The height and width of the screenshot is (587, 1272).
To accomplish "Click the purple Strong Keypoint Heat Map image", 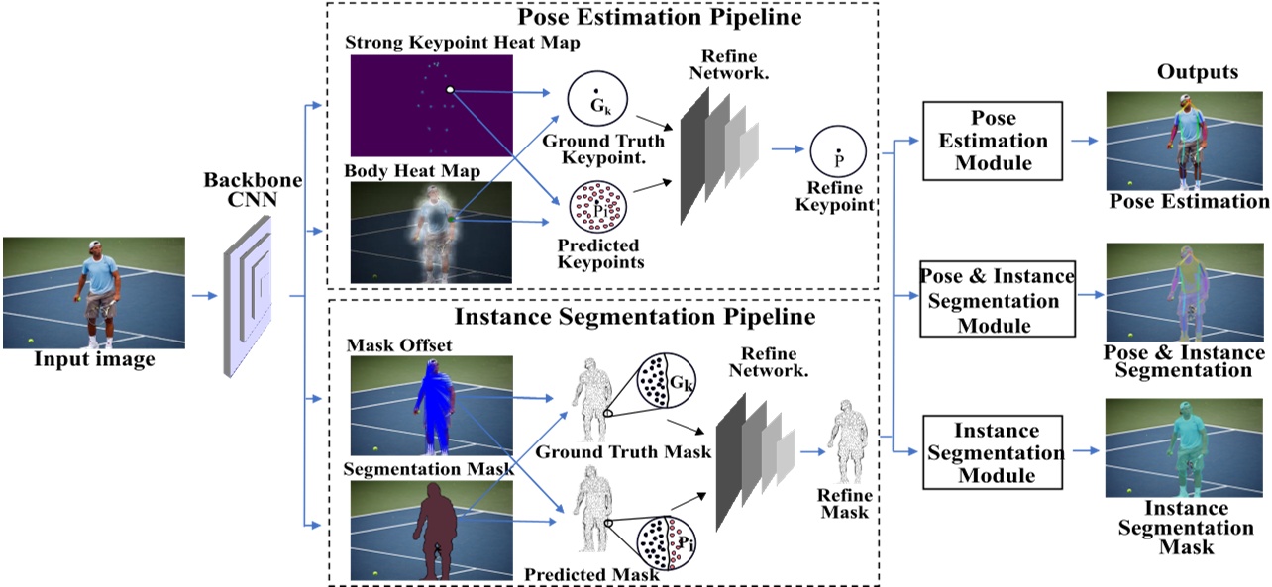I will pos(431,105).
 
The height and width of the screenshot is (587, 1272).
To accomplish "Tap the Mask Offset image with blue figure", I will pos(430,406).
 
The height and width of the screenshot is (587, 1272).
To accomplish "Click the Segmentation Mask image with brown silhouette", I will pos(430,530).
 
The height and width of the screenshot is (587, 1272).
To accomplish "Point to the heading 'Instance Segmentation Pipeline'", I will pos(634,317).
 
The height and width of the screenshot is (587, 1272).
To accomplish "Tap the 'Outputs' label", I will pos(1197,72).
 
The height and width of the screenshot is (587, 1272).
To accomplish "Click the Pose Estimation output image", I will pos(1187,140).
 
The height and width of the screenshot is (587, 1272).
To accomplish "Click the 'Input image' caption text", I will pos(95,360).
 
